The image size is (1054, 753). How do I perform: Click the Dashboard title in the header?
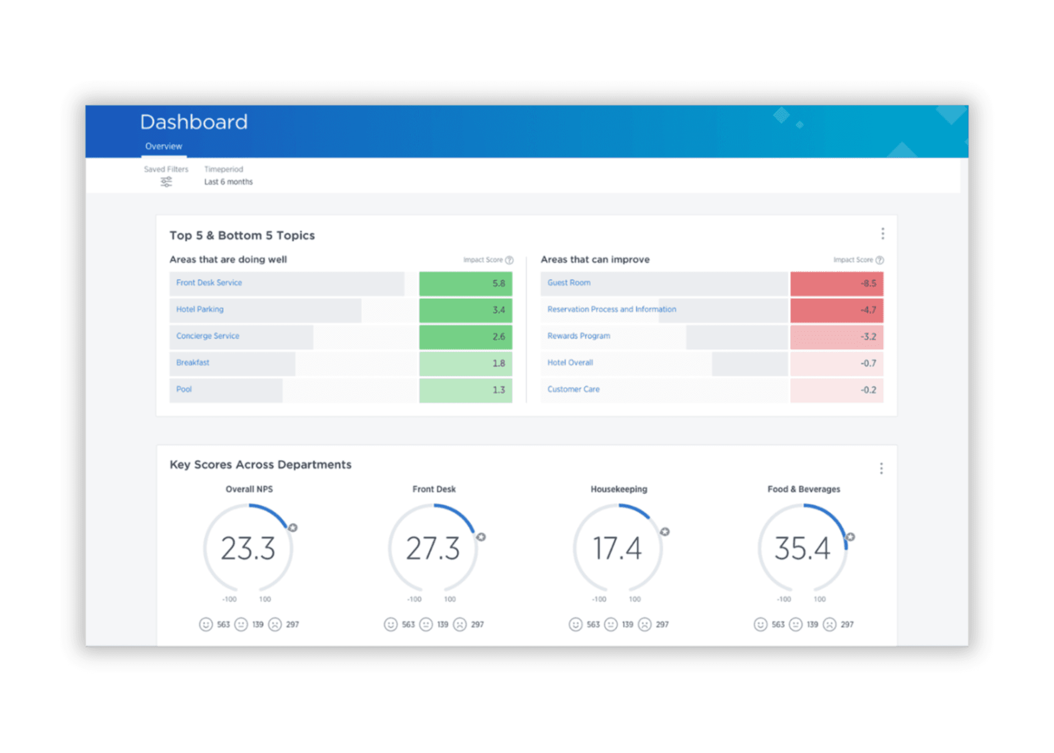tap(193, 122)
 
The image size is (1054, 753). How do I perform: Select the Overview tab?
tap(164, 146)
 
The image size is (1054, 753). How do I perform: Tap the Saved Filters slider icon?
tap(166, 182)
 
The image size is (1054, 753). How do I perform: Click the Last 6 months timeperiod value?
tap(228, 182)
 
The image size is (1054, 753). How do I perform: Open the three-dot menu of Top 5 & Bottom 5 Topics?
tap(882, 234)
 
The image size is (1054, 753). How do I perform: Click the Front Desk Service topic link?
tap(209, 283)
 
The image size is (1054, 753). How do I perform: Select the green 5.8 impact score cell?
tap(466, 283)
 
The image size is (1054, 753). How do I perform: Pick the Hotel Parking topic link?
tap(200, 309)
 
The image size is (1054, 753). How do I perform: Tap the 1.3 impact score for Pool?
tap(466, 390)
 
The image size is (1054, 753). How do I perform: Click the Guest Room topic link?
tap(569, 283)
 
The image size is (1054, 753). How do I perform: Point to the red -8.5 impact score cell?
tap(837, 283)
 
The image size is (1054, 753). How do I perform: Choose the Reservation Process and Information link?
tap(612, 309)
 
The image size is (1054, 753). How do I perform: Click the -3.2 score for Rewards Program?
tap(837, 337)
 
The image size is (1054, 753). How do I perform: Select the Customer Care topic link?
tap(573, 389)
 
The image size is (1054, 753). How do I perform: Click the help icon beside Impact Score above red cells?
tap(879, 260)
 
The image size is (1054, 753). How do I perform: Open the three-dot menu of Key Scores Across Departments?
tap(881, 468)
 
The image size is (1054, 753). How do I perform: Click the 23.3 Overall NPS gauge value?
tap(248, 548)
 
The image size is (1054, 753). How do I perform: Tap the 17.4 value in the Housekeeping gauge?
tap(618, 548)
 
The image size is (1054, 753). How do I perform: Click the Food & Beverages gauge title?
tap(803, 489)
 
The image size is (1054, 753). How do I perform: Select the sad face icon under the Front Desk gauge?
tap(460, 624)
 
